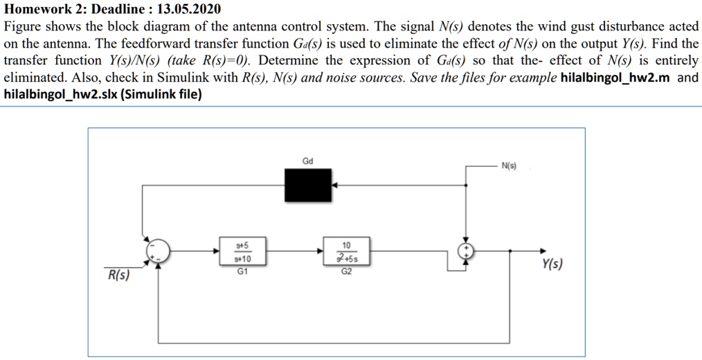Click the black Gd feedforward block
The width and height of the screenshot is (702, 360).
pos(308,186)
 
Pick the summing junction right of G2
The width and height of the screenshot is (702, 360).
pos(467,252)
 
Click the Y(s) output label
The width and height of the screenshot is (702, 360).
pos(552,264)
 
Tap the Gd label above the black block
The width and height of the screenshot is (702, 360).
pos(308,161)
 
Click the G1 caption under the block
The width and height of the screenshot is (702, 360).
pos(242,272)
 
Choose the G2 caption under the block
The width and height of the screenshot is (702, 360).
pos(346,272)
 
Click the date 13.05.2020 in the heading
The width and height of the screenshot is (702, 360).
pos(189,10)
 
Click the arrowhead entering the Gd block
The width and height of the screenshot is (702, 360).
pos(335,186)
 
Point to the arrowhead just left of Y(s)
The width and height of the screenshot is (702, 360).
pos(541,253)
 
